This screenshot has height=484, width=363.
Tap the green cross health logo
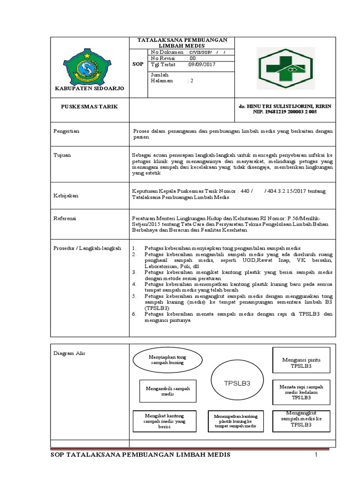284,68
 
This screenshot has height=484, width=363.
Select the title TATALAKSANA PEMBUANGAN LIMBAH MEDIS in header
182,43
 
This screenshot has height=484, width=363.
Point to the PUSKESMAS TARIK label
89,107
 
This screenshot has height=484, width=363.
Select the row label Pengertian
66,131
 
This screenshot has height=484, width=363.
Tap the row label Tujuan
61,155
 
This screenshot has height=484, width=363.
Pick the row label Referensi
64,218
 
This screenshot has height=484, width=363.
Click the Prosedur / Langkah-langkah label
87,248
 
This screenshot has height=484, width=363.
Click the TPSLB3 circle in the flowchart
236,383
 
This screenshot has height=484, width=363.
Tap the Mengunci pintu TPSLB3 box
301,363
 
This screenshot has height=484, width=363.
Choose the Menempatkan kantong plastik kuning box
235,421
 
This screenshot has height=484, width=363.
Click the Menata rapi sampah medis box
301,392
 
